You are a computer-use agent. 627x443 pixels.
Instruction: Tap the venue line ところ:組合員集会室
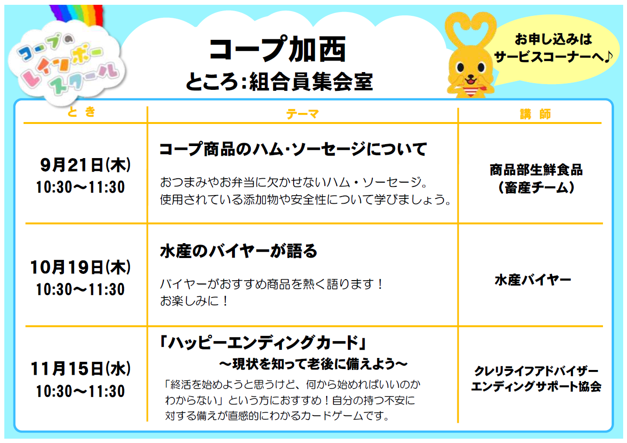point(279,81)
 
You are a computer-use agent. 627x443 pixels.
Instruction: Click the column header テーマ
point(302,114)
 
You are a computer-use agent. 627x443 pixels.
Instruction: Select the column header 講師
point(535,114)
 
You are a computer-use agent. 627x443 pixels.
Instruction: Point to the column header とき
point(82,111)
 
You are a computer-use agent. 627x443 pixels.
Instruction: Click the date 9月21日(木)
point(86,165)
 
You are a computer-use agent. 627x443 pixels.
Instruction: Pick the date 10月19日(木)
point(81,267)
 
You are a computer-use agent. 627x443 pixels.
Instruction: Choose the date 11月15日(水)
point(81,369)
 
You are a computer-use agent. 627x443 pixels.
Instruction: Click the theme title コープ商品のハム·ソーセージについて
point(293,149)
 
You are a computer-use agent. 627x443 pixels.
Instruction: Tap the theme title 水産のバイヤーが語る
point(238,250)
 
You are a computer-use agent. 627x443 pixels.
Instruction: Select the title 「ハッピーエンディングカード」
point(262,342)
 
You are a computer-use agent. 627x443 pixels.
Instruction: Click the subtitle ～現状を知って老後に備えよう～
point(313,364)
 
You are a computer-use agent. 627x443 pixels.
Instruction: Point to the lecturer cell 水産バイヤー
point(533,280)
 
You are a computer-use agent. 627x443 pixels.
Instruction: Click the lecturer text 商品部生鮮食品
point(536,170)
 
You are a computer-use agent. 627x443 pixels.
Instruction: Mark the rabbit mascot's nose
point(471,76)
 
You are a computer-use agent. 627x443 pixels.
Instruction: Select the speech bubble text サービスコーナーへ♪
point(553,57)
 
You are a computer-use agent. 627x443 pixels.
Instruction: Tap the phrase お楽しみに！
point(194,301)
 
